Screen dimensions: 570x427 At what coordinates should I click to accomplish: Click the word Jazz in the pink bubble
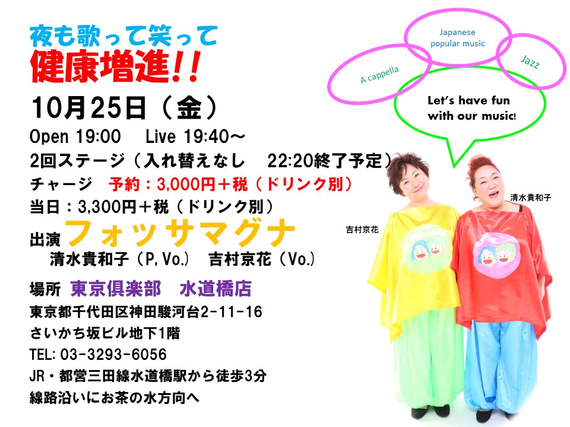click(x=530, y=62)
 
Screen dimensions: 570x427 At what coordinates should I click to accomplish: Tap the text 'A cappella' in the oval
click(x=379, y=75)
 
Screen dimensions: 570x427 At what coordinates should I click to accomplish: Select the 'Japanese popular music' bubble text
click(x=458, y=38)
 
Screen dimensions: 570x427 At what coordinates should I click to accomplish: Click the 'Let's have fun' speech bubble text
click(x=471, y=108)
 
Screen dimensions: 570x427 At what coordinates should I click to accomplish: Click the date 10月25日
click(x=88, y=108)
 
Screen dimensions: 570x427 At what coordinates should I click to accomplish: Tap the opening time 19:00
click(x=98, y=136)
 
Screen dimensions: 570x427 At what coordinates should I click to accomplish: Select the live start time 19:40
click(x=207, y=136)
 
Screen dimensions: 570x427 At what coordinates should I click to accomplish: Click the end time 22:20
click(x=290, y=161)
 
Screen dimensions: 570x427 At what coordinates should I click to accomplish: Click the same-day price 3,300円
click(x=107, y=207)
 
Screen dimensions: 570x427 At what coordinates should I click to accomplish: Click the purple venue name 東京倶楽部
click(x=116, y=289)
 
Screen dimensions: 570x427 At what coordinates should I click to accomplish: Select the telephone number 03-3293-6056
click(x=113, y=355)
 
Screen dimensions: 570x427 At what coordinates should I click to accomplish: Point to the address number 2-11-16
click(x=232, y=311)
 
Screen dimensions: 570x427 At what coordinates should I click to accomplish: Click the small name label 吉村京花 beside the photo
click(x=362, y=230)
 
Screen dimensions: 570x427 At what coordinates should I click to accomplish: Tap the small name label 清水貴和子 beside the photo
click(x=531, y=197)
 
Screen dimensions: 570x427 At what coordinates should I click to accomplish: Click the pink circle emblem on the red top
click(x=496, y=253)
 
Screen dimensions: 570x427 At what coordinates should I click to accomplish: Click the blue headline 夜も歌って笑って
click(x=123, y=36)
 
